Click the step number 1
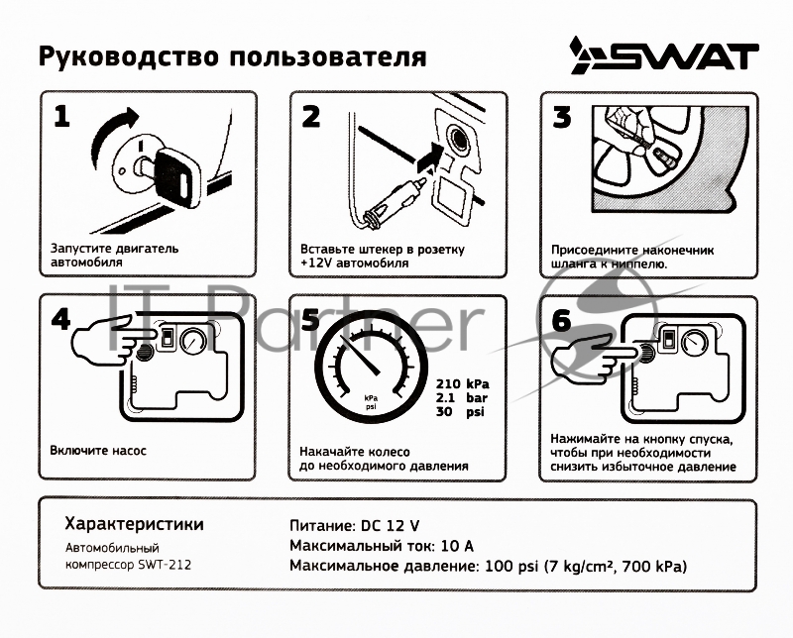[62, 118]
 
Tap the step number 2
[311, 118]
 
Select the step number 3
[562, 118]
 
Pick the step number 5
[311, 319]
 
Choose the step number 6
[562, 320]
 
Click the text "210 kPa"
[463, 384]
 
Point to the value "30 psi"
[463, 411]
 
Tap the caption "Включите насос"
[98, 450]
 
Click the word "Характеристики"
[134, 523]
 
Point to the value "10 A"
[454, 545]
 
